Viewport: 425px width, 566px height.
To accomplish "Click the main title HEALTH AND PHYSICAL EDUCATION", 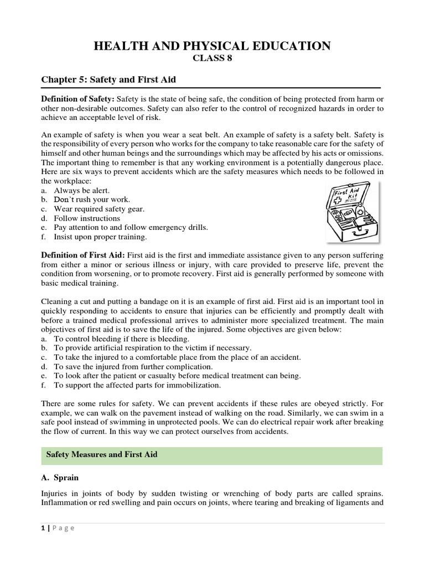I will pos(212,46).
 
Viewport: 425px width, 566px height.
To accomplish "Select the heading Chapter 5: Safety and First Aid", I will pos(108,80).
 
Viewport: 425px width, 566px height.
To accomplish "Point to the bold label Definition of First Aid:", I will pos(84,255).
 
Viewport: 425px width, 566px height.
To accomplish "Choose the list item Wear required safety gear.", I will pos(99,208).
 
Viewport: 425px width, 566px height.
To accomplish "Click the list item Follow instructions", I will pos(86,218).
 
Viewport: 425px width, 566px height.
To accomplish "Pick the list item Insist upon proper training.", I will pos(100,237).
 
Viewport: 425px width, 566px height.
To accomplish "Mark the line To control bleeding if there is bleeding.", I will pos(121,338).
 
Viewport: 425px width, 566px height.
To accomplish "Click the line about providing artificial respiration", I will pos(152,348).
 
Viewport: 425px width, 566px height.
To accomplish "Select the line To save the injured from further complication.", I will pos(133,366).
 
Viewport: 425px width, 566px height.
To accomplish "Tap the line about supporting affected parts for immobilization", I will pos(137,385).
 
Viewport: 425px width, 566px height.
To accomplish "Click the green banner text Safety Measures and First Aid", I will pos(102,455).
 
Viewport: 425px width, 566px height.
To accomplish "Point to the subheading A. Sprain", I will pos(61,477).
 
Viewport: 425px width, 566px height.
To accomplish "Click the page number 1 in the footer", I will pos(43,528).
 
